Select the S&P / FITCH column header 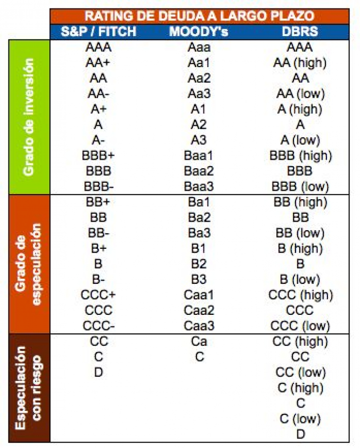click(x=98, y=32)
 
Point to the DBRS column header click(x=299, y=32)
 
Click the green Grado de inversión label click(x=29, y=117)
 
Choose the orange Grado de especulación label click(x=28, y=263)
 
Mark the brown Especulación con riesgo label click(x=28, y=387)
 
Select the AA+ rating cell click(x=99, y=63)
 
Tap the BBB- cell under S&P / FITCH click(x=99, y=187)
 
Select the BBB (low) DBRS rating click(x=299, y=187)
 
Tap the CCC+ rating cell click(x=99, y=295)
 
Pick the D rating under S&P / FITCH click(x=99, y=373)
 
